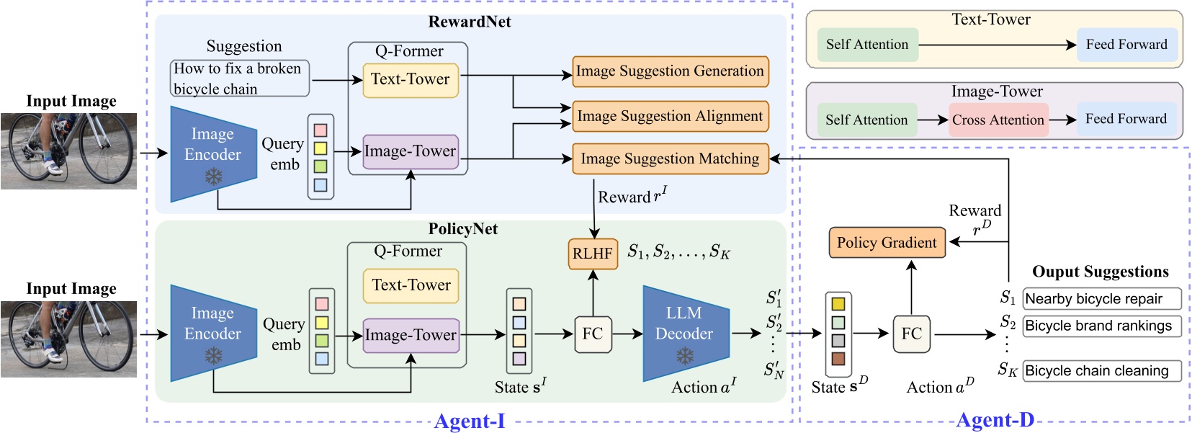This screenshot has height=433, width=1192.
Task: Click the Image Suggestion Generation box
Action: pyautogui.click(x=670, y=71)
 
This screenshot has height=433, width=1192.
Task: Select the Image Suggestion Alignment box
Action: pyautogui.click(x=670, y=116)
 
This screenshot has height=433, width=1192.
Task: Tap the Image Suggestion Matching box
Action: pyautogui.click(x=670, y=159)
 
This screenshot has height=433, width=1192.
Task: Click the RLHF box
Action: pyautogui.click(x=593, y=254)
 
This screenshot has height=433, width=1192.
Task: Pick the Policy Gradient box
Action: pyautogui.click(x=887, y=243)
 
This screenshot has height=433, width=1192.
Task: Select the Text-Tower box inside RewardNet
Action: pyautogui.click(x=410, y=79)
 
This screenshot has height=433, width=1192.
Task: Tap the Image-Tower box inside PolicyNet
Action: pyautogui.click(x=411, y=335)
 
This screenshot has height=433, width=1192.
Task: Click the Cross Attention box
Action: pyautogui.click(x=998, y=120)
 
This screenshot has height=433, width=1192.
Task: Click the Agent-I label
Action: pyautogui.click(x=470, y=421)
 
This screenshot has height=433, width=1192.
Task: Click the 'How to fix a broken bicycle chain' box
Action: pyautogui.click(x=239, y=79)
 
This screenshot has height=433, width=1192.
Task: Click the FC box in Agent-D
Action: pyautogui.click(x=911, y=334)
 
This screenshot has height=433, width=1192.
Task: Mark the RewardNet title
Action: pyautogui.click(x=470, y=22)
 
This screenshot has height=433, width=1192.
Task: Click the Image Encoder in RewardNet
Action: pyautogui.click(x=212, y=153)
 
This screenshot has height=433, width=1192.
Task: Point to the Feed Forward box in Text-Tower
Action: pyautogui.click(x=1126, y=45)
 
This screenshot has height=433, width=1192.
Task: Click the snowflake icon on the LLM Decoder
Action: pyautogui.click(x=685, y=356)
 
